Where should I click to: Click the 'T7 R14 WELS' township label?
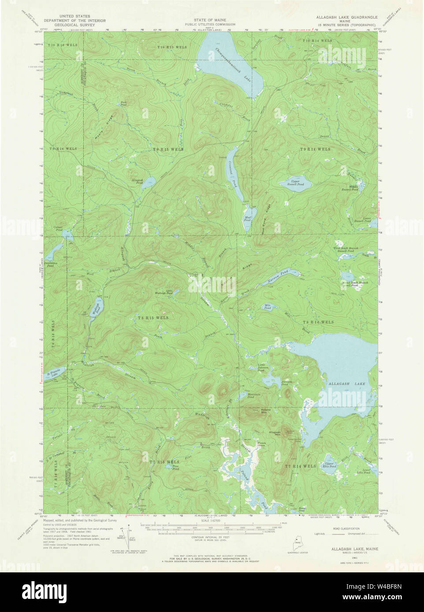pos(300,466)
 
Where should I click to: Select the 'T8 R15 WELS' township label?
pos(152,317)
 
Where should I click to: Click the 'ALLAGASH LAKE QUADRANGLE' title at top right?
pos(346,17)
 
